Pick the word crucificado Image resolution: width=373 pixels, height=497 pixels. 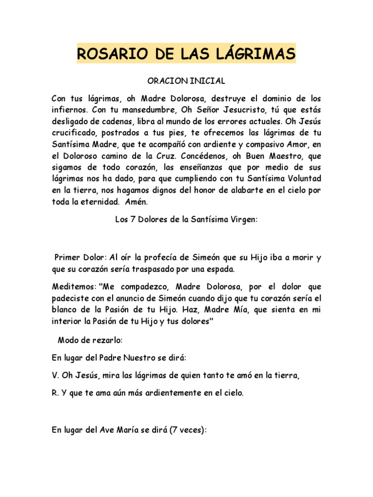(x=71, y=133)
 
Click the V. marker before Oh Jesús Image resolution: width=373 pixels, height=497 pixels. (x=54, y=376)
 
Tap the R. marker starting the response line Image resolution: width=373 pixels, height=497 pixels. (x=54, y=394)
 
